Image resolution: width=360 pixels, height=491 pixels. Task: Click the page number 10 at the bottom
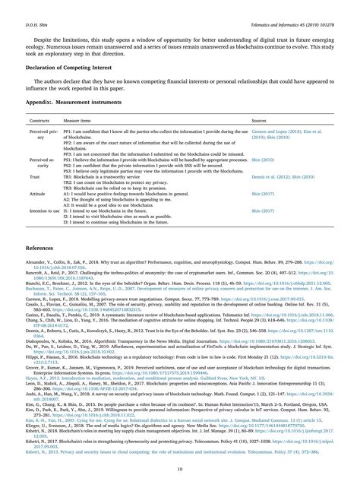179,469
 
